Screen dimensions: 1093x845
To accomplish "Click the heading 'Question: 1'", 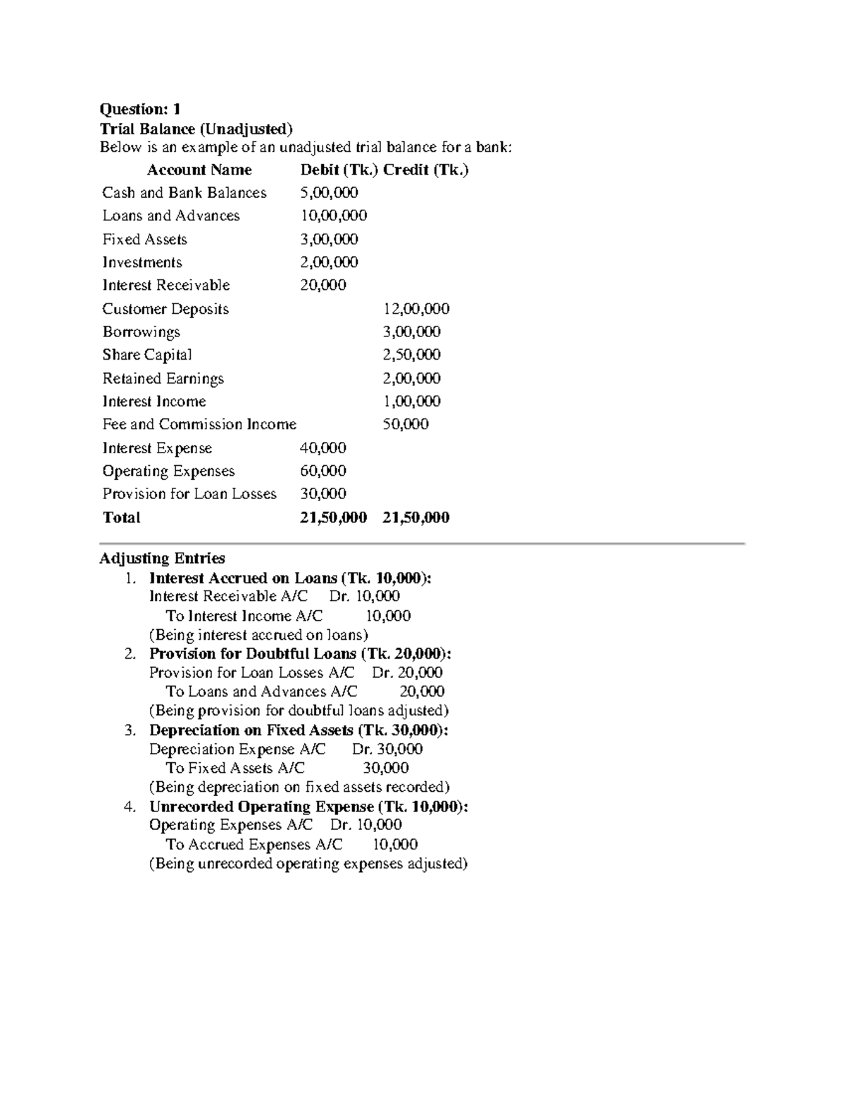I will (140, 109).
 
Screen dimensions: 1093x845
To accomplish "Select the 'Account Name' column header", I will (199, 170).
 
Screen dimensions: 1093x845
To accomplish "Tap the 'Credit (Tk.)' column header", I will (425, 170).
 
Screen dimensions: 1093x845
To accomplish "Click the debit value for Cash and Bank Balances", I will (329, 193).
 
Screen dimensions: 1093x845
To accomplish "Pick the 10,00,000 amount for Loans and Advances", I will (333, 215).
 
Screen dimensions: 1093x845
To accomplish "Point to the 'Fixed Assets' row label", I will (144, 239).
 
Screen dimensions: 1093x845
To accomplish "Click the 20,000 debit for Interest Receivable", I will (323, 285).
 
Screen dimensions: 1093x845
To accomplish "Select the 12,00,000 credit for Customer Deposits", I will (415, 309).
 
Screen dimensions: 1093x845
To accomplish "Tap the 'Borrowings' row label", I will (141, 331).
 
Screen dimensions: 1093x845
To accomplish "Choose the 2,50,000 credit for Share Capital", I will (411, 355).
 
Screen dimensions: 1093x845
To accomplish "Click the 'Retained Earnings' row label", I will (163, 379).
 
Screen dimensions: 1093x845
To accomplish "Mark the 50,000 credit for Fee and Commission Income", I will (406, 424).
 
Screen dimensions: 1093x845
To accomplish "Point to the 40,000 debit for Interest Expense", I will (323, 448).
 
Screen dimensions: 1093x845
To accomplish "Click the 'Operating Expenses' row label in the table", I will (168, 471).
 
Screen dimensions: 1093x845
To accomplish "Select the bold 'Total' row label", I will (121, 517).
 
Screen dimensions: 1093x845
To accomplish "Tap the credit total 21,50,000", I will (415, 517).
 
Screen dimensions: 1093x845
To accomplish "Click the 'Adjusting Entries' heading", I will (162, 559).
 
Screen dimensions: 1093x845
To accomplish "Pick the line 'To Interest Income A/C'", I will (244, 616).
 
